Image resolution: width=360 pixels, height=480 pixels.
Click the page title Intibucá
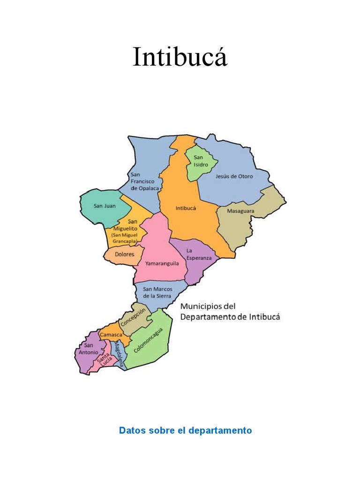pos(180,57)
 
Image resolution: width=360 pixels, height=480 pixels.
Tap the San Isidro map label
pos(199,161)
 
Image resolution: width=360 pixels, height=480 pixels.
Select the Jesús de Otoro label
pos(234,177)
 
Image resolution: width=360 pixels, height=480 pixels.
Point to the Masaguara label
pos(240,211)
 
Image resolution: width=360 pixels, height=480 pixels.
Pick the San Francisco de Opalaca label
pos(145,181)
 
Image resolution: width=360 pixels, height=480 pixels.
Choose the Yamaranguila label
pos(162,264)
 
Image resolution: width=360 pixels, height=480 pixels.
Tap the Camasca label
pos(111,336)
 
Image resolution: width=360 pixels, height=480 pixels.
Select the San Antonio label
pos(88,348)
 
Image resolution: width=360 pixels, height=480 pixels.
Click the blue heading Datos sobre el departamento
pos(186,430)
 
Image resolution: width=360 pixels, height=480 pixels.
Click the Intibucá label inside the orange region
pos(186,208)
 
